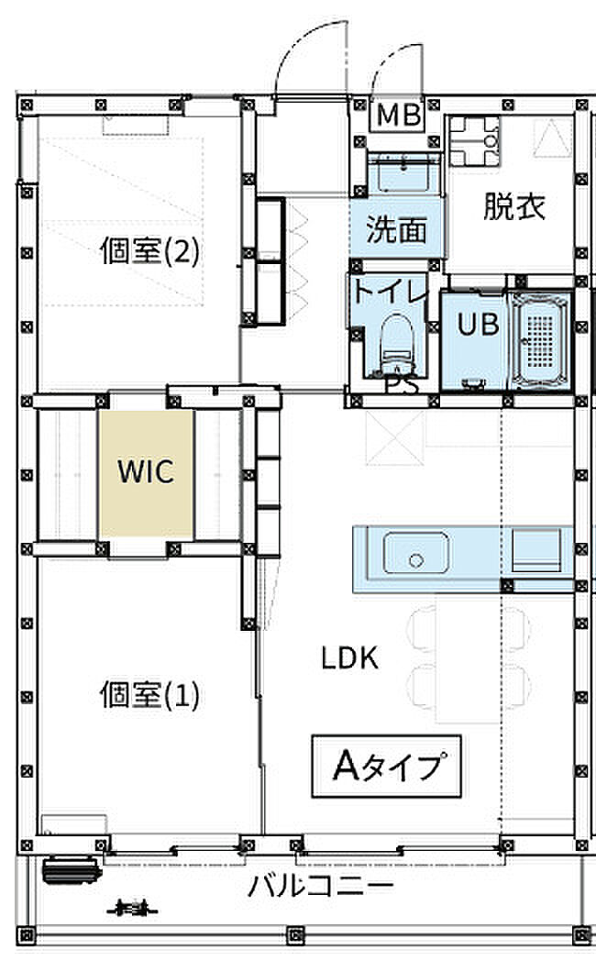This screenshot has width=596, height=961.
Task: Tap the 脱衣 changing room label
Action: [515, 207]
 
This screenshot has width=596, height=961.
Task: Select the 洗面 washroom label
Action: [396, 229]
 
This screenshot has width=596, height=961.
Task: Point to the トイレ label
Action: [390, 293]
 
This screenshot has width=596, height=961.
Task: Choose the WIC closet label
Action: [146, 471]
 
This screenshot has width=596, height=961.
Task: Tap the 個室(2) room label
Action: [149, 251]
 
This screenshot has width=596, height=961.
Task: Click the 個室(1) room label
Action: [149, 695]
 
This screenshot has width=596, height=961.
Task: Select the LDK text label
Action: [349, 657]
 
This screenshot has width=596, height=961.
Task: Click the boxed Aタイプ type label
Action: [384, 764]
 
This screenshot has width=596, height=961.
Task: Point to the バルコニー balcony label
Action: [321, 887]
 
